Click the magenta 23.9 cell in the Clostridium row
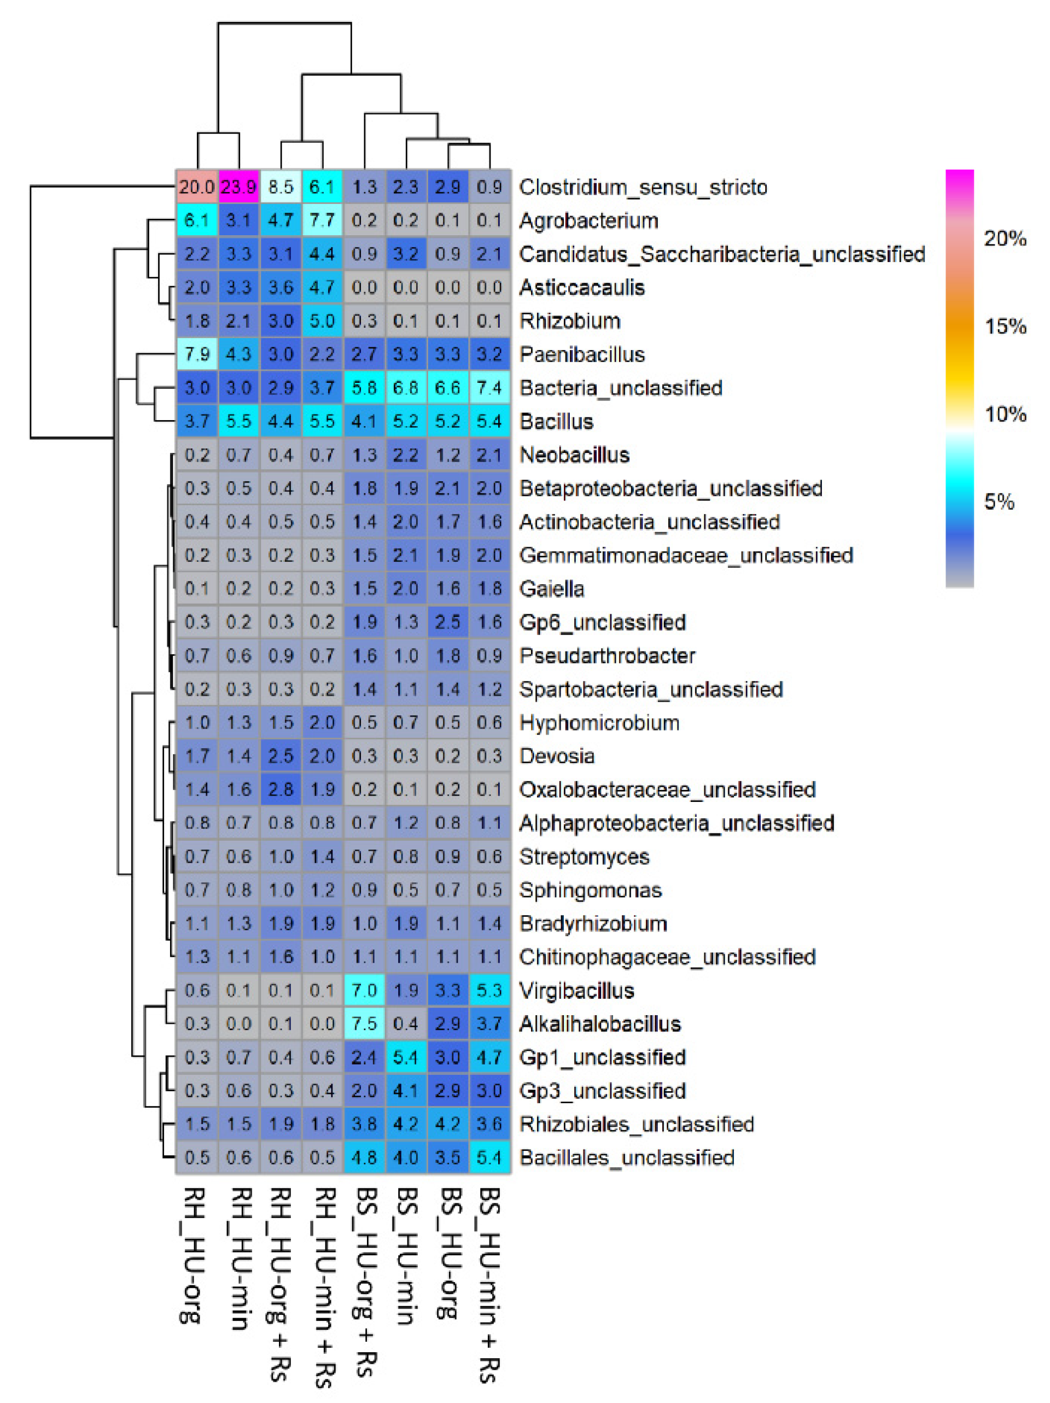pos(238,187)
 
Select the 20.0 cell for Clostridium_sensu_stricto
pos(196,187)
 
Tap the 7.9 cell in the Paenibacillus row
pos(196,354)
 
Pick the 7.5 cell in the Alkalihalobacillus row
pos(364,1024)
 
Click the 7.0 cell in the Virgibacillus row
pos(364,990)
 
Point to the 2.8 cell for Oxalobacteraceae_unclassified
pos(280,789)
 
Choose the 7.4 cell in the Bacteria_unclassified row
pos(489,388)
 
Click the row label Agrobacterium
pos(588,221)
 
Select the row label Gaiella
pos(552,589)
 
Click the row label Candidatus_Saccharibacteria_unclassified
pos(721,254)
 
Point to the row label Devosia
pos(557,756)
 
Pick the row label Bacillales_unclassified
pos(627,1157)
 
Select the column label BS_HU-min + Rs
pos(489,1284)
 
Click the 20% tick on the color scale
pos(1005,239)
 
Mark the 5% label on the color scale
pos(999,502)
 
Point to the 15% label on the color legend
pos(1005,327)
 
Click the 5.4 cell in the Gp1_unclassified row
pos(405,1057)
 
